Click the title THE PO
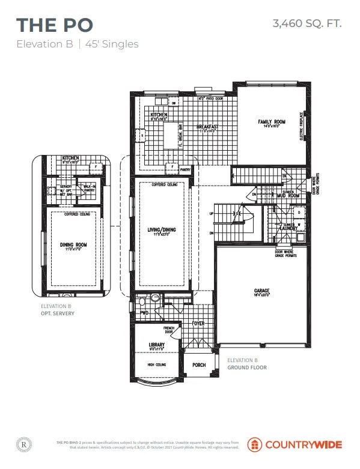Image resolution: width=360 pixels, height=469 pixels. [x=55, y=25]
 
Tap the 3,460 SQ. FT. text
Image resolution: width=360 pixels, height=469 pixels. [x=307, y=23]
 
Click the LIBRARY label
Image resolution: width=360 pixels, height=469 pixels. [x=156, y=345]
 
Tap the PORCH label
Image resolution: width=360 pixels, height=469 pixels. [x=199, y=365]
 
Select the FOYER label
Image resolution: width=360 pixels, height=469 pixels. [x=198, y=324]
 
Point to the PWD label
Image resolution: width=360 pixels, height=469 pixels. [x=144, y=312]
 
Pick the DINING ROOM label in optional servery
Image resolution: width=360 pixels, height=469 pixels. [x=73, y=244]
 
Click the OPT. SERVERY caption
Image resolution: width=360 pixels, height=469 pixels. [x=58, y=313]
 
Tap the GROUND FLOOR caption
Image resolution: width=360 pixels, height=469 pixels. [x=247, y=367]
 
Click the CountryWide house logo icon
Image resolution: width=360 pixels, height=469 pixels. [x=256, y=444]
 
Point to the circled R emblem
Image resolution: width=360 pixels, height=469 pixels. [x=23, y=445]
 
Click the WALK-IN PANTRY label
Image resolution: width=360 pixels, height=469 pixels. [x=88, y=189]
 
